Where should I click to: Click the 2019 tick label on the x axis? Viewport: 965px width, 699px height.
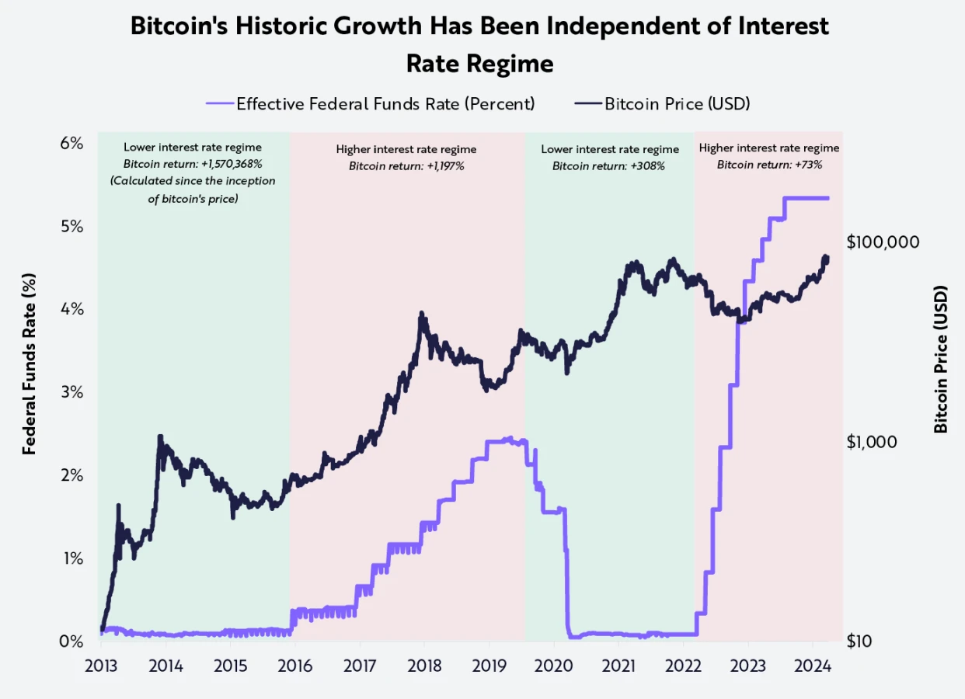point(489,666)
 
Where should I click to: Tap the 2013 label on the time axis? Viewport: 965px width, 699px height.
point(101,666)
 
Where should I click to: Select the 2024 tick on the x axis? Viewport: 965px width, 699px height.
point(813,666)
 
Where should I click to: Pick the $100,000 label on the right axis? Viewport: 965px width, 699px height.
point(883,242)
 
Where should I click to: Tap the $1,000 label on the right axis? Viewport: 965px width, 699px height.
point(872,441)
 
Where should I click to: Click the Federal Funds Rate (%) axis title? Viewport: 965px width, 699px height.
point(30,363)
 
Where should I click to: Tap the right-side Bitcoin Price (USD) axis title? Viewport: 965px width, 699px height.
point(941,359)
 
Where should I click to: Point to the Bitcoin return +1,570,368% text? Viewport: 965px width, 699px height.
point(193,164)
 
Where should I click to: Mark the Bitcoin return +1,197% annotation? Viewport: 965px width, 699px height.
point(406,165)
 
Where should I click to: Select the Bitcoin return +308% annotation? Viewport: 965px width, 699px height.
point(609,165)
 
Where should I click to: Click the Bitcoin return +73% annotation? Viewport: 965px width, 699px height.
point(769,164)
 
